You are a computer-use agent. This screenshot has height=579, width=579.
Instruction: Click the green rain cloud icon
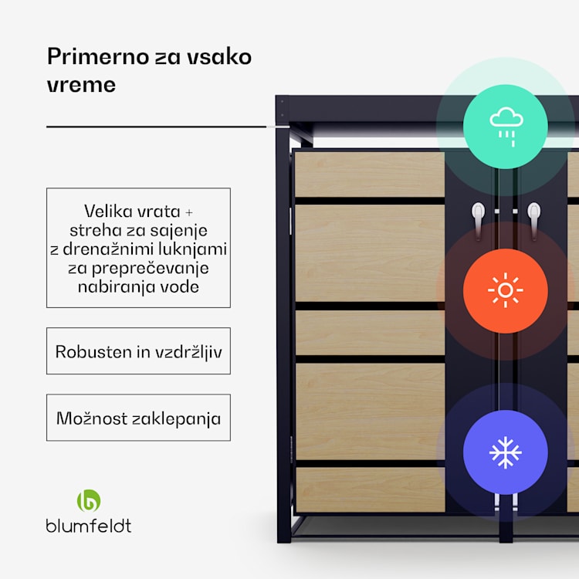pos(506,125)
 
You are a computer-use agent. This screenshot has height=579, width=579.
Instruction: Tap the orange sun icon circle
pos(506,290)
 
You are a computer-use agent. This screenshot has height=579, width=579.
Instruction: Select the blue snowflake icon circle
pos(506,452)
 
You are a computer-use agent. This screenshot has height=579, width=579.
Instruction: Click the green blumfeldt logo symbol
pos(89,500)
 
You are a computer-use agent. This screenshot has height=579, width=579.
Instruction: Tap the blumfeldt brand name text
pos(89,526)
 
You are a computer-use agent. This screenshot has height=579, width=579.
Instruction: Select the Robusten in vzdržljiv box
pos(138,351)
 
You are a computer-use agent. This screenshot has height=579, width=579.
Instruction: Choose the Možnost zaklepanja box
pos(138,418)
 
